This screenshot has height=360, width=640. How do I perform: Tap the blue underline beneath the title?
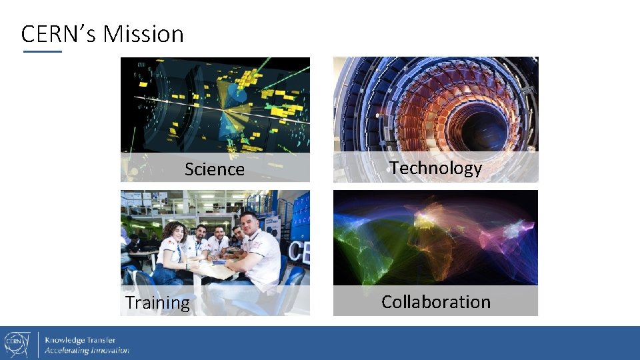pyautogui.click(x=42, y=51)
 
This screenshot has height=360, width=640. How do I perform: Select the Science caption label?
pyautogui.click(x=214, y=169)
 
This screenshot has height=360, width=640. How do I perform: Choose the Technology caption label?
pyautogui.click(x=435, y=168)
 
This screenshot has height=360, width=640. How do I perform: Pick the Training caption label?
pyautogui.click(x=157, y=303)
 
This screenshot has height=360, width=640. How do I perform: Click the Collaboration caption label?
pyautogui.click(x=435, y=301)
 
